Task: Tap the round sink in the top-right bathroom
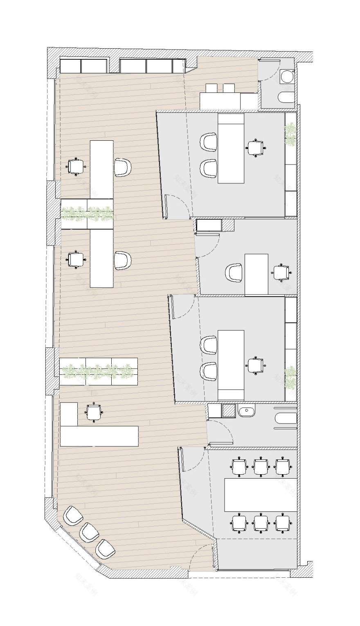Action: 288,77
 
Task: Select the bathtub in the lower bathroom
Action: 286,418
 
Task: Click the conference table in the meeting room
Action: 261,495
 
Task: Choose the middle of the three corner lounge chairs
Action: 89,532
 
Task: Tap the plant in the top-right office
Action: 291,134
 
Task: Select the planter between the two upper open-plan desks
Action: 87,214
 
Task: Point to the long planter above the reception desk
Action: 98,371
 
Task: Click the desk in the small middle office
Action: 256,274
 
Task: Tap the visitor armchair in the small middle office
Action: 234,273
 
